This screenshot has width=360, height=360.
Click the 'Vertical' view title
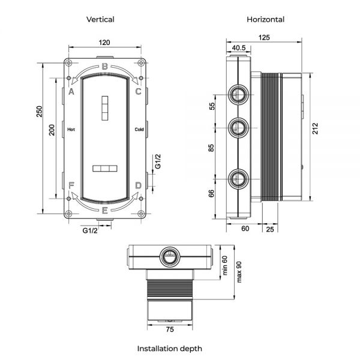pos(100,20)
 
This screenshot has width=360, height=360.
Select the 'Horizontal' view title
pos(266,20)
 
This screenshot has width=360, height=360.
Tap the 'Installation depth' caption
pos(170,349)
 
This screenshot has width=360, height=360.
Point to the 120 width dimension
pos(104,43)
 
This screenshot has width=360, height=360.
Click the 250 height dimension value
pos(40,112)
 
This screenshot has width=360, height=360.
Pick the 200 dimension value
pos(52,130)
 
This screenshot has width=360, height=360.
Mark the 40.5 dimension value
pos(239,48)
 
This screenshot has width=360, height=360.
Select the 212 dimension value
pos(316,128)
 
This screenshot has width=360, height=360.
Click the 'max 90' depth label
pos(239,272)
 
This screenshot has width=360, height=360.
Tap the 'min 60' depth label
pos(225,265)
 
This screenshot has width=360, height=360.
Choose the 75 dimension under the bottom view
pos(170,329)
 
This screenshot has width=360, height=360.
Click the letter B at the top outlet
pos(104,67)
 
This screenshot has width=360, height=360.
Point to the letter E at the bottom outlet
pos(104,211)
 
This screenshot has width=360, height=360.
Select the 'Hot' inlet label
pos(71,130)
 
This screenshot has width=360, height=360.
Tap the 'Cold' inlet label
pos(139,130)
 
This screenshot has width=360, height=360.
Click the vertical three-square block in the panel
pos(105,108)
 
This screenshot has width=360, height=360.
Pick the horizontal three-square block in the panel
pos(105,169)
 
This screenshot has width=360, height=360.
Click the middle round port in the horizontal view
pos(238,128)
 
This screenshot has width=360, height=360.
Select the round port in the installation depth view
pos(170,256)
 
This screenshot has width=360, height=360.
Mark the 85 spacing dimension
pos(211,148)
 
